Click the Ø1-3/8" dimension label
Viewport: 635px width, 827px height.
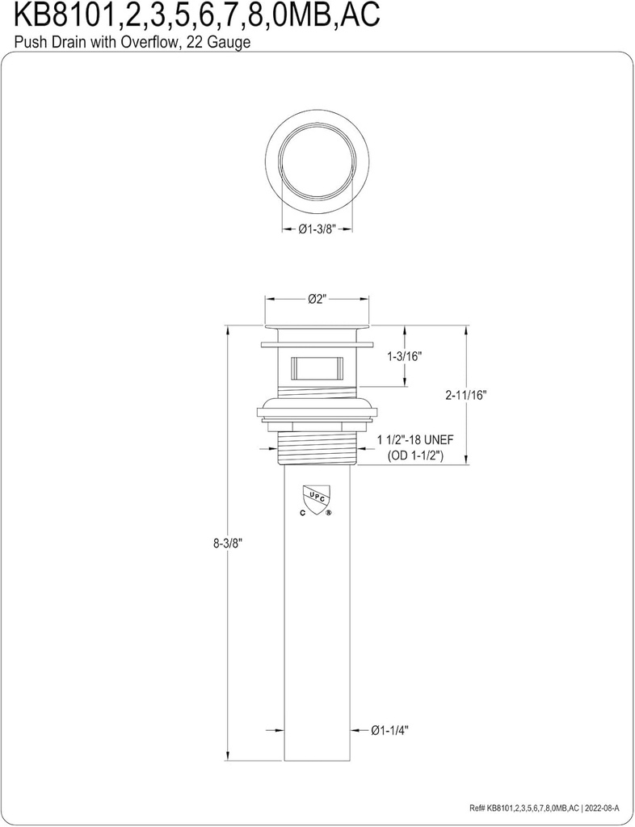(317, 229)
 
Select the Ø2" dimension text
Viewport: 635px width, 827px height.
(316, 300)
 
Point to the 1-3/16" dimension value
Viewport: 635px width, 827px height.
(406, 355)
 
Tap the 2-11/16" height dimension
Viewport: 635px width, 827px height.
(466, 395)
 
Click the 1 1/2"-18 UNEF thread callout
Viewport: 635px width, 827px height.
(416, 439)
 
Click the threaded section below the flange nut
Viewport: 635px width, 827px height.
(317, 447)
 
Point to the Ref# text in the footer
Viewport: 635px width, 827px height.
(477, 808)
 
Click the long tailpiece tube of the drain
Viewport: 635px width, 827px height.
(317, 630)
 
